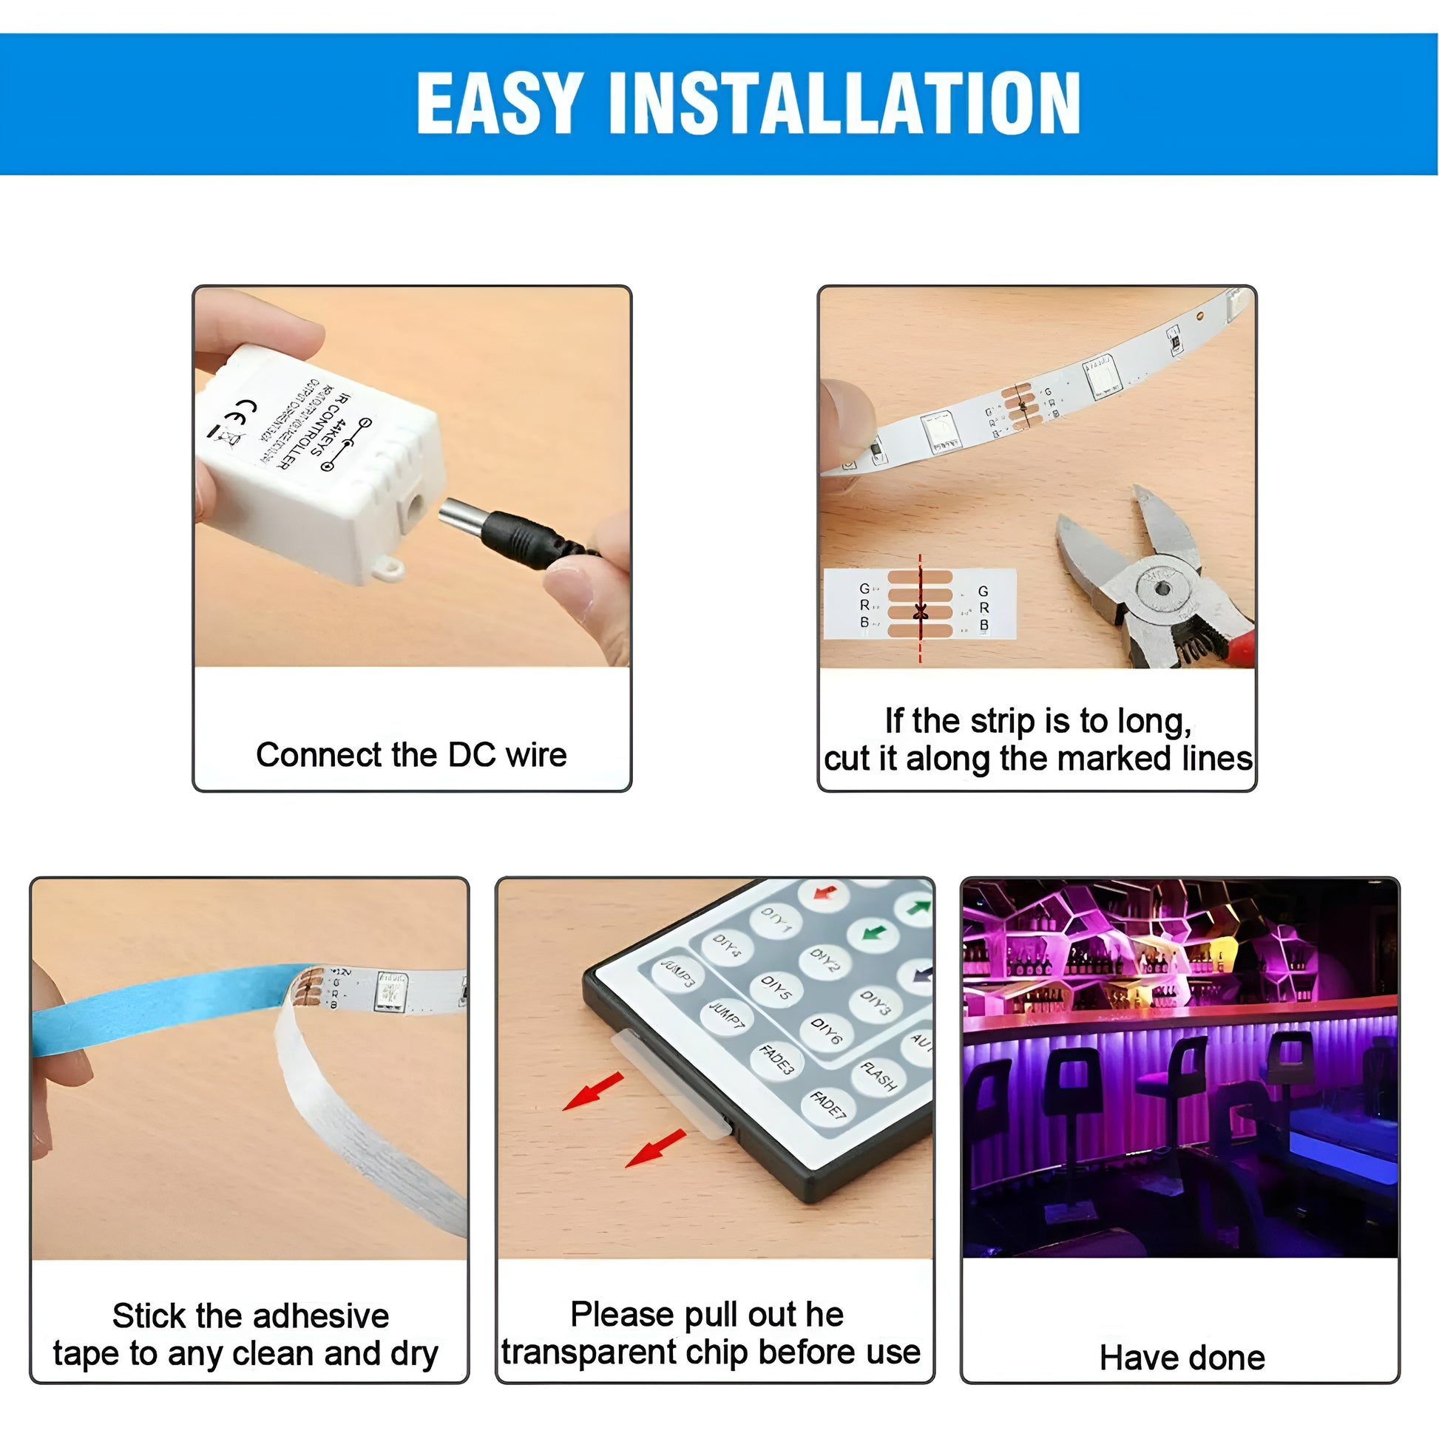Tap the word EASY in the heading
(499, 104)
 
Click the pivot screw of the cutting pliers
(1162, 589)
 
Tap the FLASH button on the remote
(879, 1075)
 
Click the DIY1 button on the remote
(776, 921)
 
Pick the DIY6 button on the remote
(826, 1032)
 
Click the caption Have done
(1182, 1357)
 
